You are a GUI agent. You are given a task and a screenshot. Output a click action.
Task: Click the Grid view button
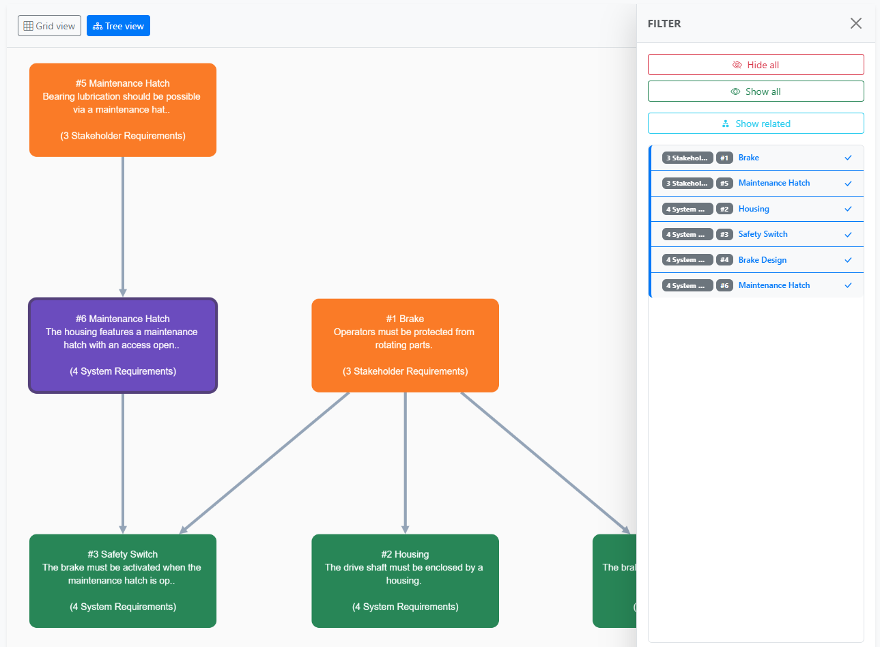49,26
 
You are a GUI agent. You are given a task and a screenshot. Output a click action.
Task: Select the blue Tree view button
118,26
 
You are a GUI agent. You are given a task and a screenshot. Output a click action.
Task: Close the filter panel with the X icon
855,23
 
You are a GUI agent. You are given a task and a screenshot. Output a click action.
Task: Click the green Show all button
755,91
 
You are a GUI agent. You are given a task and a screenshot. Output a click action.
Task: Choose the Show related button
755,124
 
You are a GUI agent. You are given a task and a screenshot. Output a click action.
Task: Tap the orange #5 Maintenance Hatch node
123,110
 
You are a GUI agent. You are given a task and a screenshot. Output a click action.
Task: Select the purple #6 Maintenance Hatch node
123,345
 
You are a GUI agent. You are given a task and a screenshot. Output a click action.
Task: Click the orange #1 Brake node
405,345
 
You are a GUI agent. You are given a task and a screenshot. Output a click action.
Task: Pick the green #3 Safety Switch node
123,581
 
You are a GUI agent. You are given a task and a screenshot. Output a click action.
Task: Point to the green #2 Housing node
405,581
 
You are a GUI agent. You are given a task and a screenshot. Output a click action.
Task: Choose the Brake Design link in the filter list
762,260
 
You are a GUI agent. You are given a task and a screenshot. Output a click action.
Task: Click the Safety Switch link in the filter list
763,234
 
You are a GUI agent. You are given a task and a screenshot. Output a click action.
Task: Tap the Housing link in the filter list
753,209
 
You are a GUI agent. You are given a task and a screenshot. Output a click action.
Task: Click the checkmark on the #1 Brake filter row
848,158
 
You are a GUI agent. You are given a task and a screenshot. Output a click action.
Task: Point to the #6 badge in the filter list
724,285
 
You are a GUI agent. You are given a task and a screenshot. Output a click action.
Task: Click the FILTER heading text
664,23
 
